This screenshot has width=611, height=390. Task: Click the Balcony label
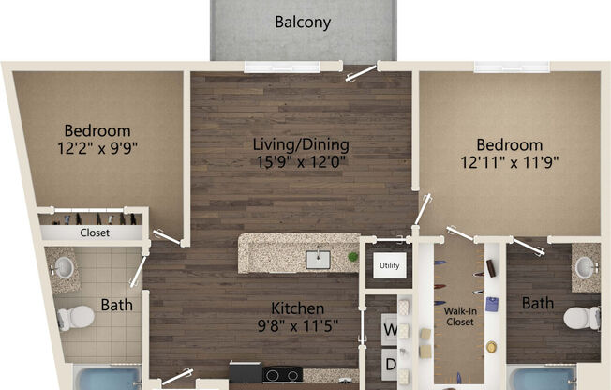[x=303, y=22]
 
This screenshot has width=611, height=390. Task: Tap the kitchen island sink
[x=318, y=260]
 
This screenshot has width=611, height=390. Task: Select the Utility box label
[x=389, y=265]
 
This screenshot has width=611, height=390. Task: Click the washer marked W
[x=389, y=330]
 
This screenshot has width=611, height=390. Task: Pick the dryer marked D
[x=389, y=365]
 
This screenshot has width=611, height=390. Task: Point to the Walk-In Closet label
[x=460, y=316]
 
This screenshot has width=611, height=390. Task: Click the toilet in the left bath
[x=75, y=317]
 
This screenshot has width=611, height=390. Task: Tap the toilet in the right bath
[x=582, y=318]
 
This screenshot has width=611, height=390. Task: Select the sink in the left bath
[x=63, y=268]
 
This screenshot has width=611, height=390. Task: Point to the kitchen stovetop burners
[x=282, y=375]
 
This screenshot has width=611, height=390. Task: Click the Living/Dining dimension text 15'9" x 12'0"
[x=301, y=161]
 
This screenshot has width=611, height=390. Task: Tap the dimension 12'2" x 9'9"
[x=97, y=148]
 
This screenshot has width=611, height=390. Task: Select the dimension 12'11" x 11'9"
[x=509, y=162]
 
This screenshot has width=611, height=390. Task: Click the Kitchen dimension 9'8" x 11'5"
[x=298, y=325]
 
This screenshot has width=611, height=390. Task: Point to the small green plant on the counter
[x=353, y=257]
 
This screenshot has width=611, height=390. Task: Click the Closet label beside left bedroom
[x=95, y=232]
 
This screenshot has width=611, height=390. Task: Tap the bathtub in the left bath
[x=107, y=378]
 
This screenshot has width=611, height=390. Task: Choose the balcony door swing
[x=361, y=73]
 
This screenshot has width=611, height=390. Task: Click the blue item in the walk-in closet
[x=492, y=304]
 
